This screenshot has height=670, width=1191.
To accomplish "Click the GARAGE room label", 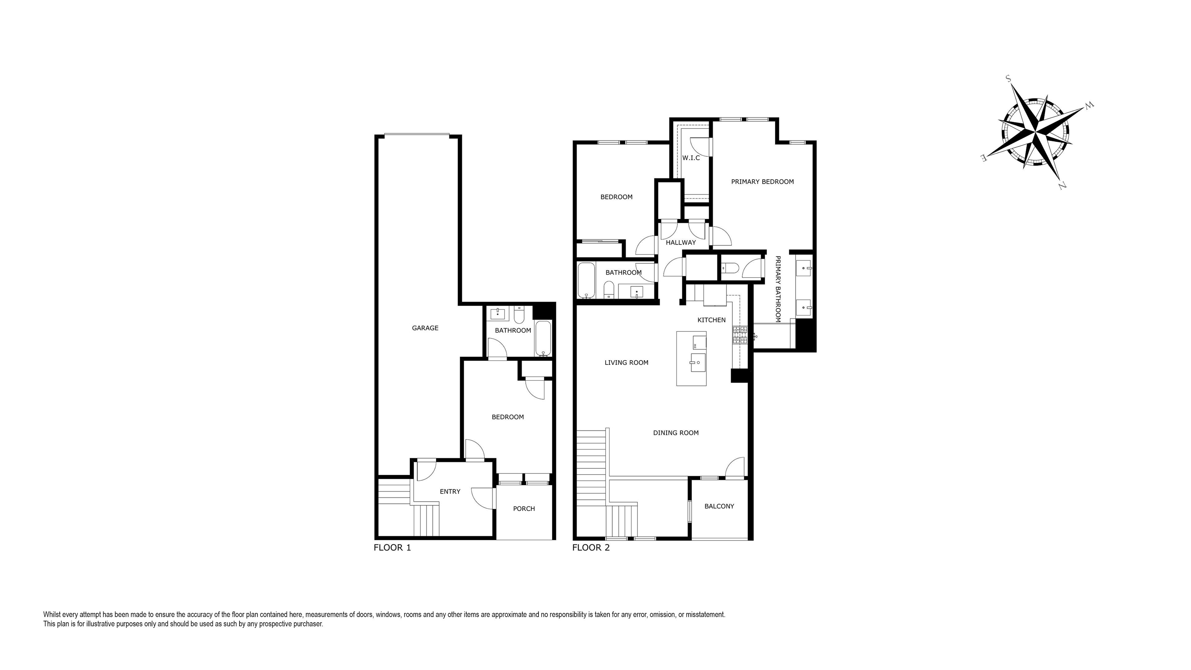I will coord(425,328).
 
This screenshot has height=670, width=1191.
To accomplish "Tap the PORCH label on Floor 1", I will coord(524,509).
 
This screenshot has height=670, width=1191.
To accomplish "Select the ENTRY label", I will coord(450,492).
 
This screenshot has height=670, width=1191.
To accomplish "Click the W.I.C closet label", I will coord(691,158).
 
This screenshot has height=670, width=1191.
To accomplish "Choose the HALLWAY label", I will coord(680,243).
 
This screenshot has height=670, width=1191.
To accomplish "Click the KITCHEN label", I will coord(711,320).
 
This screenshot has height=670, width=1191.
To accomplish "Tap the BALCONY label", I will coord(719,506).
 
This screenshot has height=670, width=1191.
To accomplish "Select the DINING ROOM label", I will coord(675,433).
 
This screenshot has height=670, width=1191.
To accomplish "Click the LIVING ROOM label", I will coord(627,363).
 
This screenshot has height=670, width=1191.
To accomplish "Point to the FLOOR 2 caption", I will coord(591,548).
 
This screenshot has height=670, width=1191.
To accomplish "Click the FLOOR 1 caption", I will coord(392,548).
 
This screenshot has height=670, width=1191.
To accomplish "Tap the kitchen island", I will coord(691,358).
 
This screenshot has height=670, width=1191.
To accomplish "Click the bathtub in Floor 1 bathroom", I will coord(544,339).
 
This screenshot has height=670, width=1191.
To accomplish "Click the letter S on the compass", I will coord(1008,79).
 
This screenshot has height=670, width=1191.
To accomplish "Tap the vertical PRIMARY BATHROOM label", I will coord(778,289).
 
